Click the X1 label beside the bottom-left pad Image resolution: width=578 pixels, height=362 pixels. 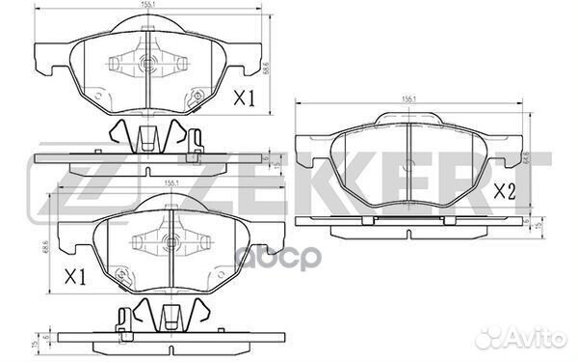pyautogui.click(x=76, y=277)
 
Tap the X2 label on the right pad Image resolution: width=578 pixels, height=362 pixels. pyautogui.click(x=506, y=191)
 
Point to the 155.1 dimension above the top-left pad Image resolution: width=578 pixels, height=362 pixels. pyautogui.click(x=150, y=6)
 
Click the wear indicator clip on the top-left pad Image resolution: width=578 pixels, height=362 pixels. pyautogui.click(x=197, y=137)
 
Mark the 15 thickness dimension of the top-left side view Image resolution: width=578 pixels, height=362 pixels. pyautogui.click(x=275, y=165)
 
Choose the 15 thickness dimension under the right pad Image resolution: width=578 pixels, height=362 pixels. pyautogui.click(x=536, y=228)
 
